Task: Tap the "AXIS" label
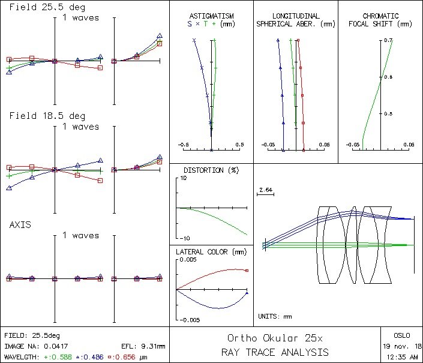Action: click(20, 224)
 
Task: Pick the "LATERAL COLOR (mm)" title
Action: click(210, 252)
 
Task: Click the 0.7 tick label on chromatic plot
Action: click(389, 40)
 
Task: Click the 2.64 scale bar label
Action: click(265, 190)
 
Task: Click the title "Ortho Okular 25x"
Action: click(275, 338)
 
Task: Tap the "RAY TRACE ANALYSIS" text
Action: click(275, 352)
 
